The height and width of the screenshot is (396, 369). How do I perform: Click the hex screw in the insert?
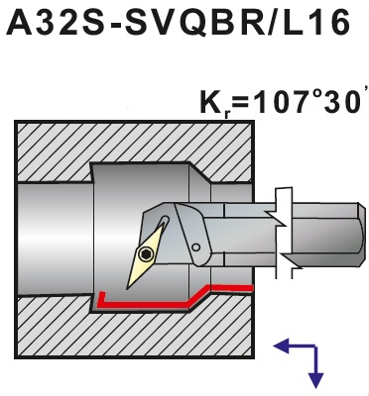[x=145, y=253]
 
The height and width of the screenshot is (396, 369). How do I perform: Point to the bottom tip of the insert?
[x=127, y=290]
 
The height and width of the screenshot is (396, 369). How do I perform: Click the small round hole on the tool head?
[x=196, y=247]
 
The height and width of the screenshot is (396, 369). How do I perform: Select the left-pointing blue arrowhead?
[x=281, y=346]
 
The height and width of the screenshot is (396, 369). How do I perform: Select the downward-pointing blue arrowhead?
[x=315, y=379]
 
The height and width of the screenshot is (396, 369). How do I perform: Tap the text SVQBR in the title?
[x=195, y=23]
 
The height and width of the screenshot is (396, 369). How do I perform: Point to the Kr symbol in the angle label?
[x=214, y=102]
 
